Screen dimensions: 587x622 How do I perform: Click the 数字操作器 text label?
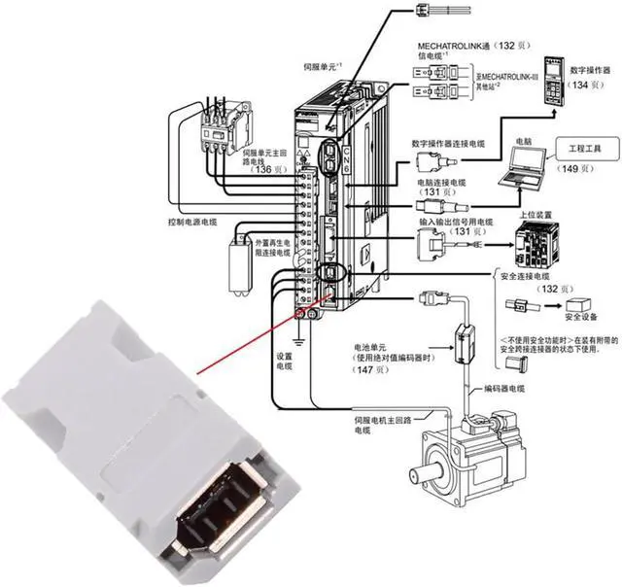tap(586, 69)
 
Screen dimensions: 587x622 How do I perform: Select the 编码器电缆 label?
tap(504, 389)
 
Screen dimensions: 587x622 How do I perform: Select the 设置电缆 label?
tap(285, 363)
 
